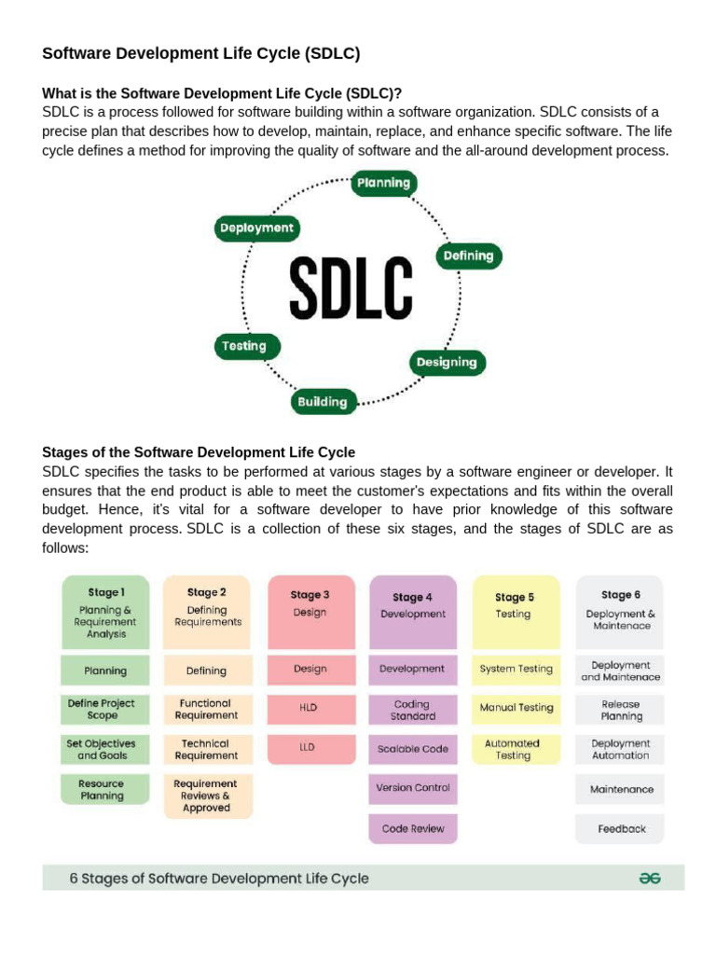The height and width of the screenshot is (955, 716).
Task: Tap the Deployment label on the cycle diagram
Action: (x=255, y=228)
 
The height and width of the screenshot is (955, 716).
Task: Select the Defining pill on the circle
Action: (x=468, y=255)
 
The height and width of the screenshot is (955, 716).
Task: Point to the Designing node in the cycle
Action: (x=447, y=362)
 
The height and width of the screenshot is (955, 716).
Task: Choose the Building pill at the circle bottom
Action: (x=322, y=402)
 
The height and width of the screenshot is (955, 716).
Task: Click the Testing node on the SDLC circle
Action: (x=244, y=346)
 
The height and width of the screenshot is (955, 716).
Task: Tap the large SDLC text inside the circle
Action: (x=350, y=286)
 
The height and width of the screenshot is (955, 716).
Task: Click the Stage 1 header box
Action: (x=105, y=612)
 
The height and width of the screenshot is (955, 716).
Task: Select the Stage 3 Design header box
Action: (x=310, y=612)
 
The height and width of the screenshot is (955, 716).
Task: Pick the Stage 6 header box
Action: (x=619, y=612)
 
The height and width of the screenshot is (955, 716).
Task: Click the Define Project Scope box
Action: (x=105, y=709)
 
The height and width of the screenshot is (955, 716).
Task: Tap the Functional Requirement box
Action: (x=207, y=709)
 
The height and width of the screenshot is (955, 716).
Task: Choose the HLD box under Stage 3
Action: (x=310, y=708)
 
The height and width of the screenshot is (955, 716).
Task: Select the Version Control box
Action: (x=413, y=788)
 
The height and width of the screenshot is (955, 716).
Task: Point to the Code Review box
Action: (x=413, y=828)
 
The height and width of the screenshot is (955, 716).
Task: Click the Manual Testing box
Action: (x=516, y=708)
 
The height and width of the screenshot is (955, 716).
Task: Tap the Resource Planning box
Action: (x=105, y=789)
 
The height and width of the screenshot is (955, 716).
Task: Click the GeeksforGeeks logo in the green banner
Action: (x=650, y=878)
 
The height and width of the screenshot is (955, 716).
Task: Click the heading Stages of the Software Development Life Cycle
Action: (x=199, y=452)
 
